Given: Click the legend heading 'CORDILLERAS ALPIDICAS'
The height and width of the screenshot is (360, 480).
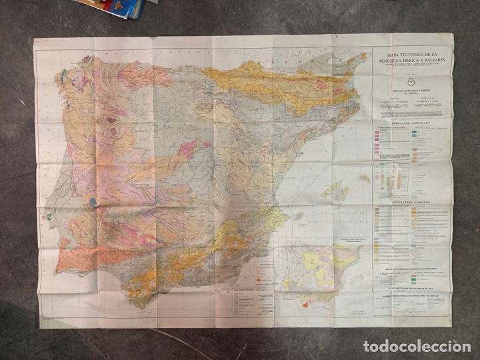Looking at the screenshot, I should point(411,200).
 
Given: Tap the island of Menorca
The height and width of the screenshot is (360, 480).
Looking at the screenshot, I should point(363,178).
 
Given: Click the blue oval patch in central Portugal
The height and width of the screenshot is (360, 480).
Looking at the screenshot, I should point(92,201).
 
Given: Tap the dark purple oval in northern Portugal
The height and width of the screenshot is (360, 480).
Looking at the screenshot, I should point(113,131).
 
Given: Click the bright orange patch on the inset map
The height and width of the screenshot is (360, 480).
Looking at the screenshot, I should point(307,303).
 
